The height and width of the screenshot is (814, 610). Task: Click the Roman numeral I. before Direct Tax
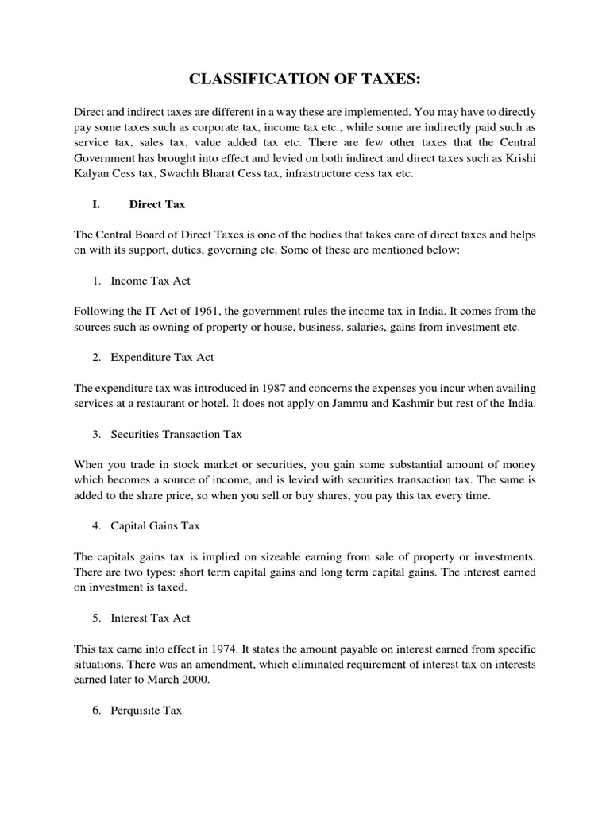pyautogui.click(x=96, y=204)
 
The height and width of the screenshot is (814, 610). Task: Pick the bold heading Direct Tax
pyautogui.click(x=157, y=204)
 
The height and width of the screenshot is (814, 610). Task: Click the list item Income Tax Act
pyautogui.click(x=150, y=281)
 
